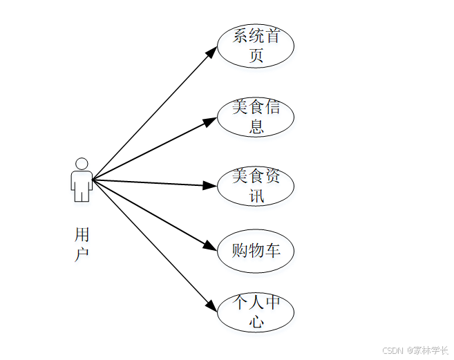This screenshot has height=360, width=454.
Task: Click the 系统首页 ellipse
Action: pyautogui.click(x=256, y=46)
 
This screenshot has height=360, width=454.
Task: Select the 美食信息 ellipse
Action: pyautogui.click(x=256, y=116)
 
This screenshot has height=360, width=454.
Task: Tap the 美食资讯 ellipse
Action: pyautogui.click(x=256, y=185)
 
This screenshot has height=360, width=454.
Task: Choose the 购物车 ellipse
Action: pyautogui.click(x=256, y=249)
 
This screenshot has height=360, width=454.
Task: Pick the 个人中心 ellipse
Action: pyautogui.click(x=256, y=312)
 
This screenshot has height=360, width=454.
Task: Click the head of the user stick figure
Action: pyautogui.click(x=82, y=164)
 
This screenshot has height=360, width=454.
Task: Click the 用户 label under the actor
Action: pyautogui.click(x=82, y=244)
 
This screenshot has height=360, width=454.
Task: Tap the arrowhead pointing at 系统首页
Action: pyautogui.click(x=213, y=52)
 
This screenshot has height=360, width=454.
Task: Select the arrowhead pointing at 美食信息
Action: pyautogui.click(x=211, y=121)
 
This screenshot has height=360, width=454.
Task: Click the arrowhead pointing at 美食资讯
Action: pyautogui.click(x=210, y=185)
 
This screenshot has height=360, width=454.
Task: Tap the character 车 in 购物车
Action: pyautogui.click(x=273, y=250)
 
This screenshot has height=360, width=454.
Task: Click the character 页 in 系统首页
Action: pyautogui.click(x=256, y=56)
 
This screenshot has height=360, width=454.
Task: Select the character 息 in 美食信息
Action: pyautogui.click(x=256, y=126)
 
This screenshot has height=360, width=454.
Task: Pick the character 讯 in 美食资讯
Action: pyautogui.click(x=256, y=196)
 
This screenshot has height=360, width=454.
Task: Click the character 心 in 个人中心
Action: pyautogui.click(x=256, y=322)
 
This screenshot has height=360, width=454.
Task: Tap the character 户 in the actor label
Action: pyautogui.click(x=82, y=254)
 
